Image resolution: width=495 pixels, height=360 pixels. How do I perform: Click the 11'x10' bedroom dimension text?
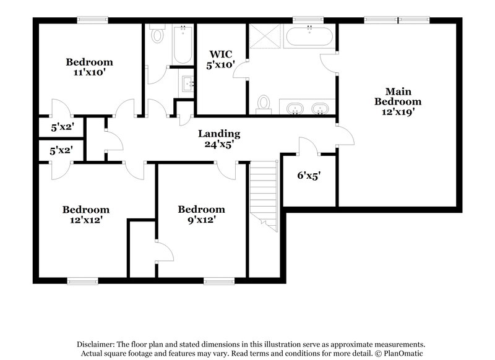(x=90, y=72)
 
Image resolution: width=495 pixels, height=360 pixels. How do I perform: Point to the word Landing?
(x=219, y=134)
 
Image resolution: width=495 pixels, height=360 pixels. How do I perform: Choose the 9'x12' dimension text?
(x=201, y=220)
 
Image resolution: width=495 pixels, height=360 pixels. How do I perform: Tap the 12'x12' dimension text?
(x=86, y=220)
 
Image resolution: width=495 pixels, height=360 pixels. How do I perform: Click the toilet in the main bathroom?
(x=264, y=103)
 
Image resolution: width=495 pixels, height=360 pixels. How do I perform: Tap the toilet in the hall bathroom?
(x=157, y=35)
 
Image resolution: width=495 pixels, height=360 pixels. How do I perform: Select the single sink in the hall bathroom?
(x=187, y=82)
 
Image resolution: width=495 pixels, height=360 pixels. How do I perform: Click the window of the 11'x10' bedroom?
(x=90, y=19)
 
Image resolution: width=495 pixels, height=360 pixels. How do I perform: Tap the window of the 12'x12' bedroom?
(x=83, y=281)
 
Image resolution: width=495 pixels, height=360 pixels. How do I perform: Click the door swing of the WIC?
(x=238, y=70)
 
